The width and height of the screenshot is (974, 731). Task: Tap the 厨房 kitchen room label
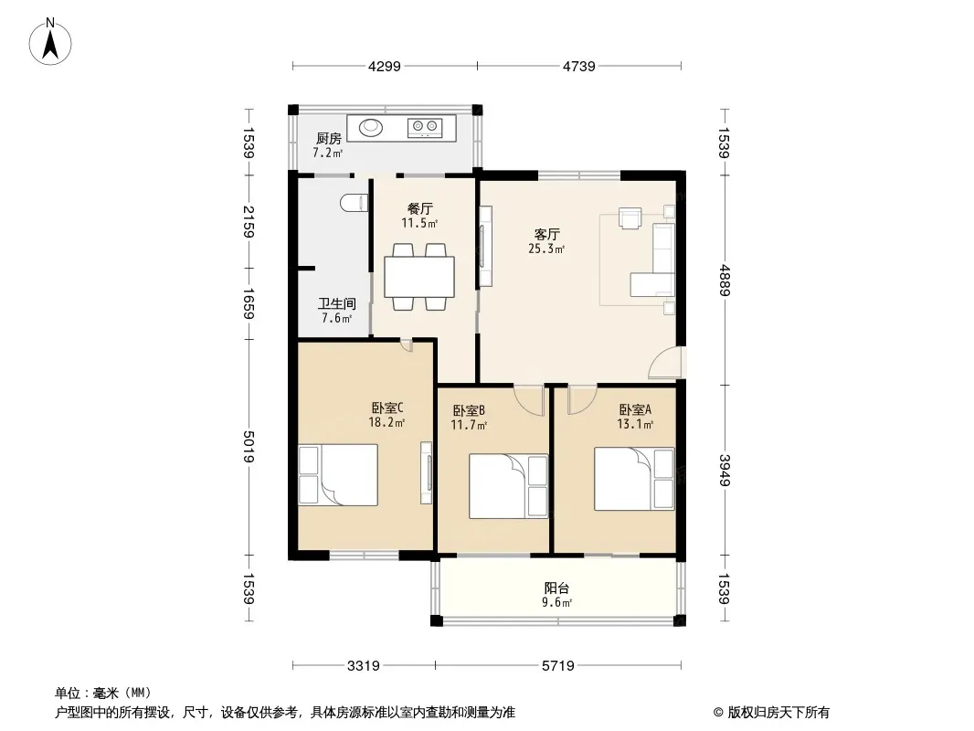[x=329, y=139]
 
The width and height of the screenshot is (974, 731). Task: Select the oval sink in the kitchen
[x=371, y=128]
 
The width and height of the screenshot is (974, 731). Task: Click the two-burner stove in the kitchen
[x=425, y=128]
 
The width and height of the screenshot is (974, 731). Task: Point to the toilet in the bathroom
[x=355, y=203]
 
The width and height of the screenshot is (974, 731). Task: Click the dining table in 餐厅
[x=419, y=277]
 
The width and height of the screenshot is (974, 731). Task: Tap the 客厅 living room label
[x=547, y=234]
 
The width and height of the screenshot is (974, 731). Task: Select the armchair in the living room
[x=630, y=218]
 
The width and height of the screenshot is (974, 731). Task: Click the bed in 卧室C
[x=338, y=475]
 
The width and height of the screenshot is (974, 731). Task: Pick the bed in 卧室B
[x=508, y=486]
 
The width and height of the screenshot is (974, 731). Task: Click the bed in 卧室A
[x=634, y=479]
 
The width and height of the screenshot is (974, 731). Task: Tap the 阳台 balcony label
[x=556, y=588]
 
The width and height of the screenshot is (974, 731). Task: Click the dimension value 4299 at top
[x=385, y=66]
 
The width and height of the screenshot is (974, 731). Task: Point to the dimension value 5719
[x=558, y=666]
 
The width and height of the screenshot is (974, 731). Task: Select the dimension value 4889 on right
[x=725, y=281]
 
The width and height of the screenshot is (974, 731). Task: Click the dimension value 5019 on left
[x=249, y=447]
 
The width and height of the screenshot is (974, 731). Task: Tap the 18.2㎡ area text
[x=386, y=423]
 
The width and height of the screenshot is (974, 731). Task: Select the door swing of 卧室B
[x=529, y=400]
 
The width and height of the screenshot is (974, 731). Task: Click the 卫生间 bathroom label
[x=336, y=303]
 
